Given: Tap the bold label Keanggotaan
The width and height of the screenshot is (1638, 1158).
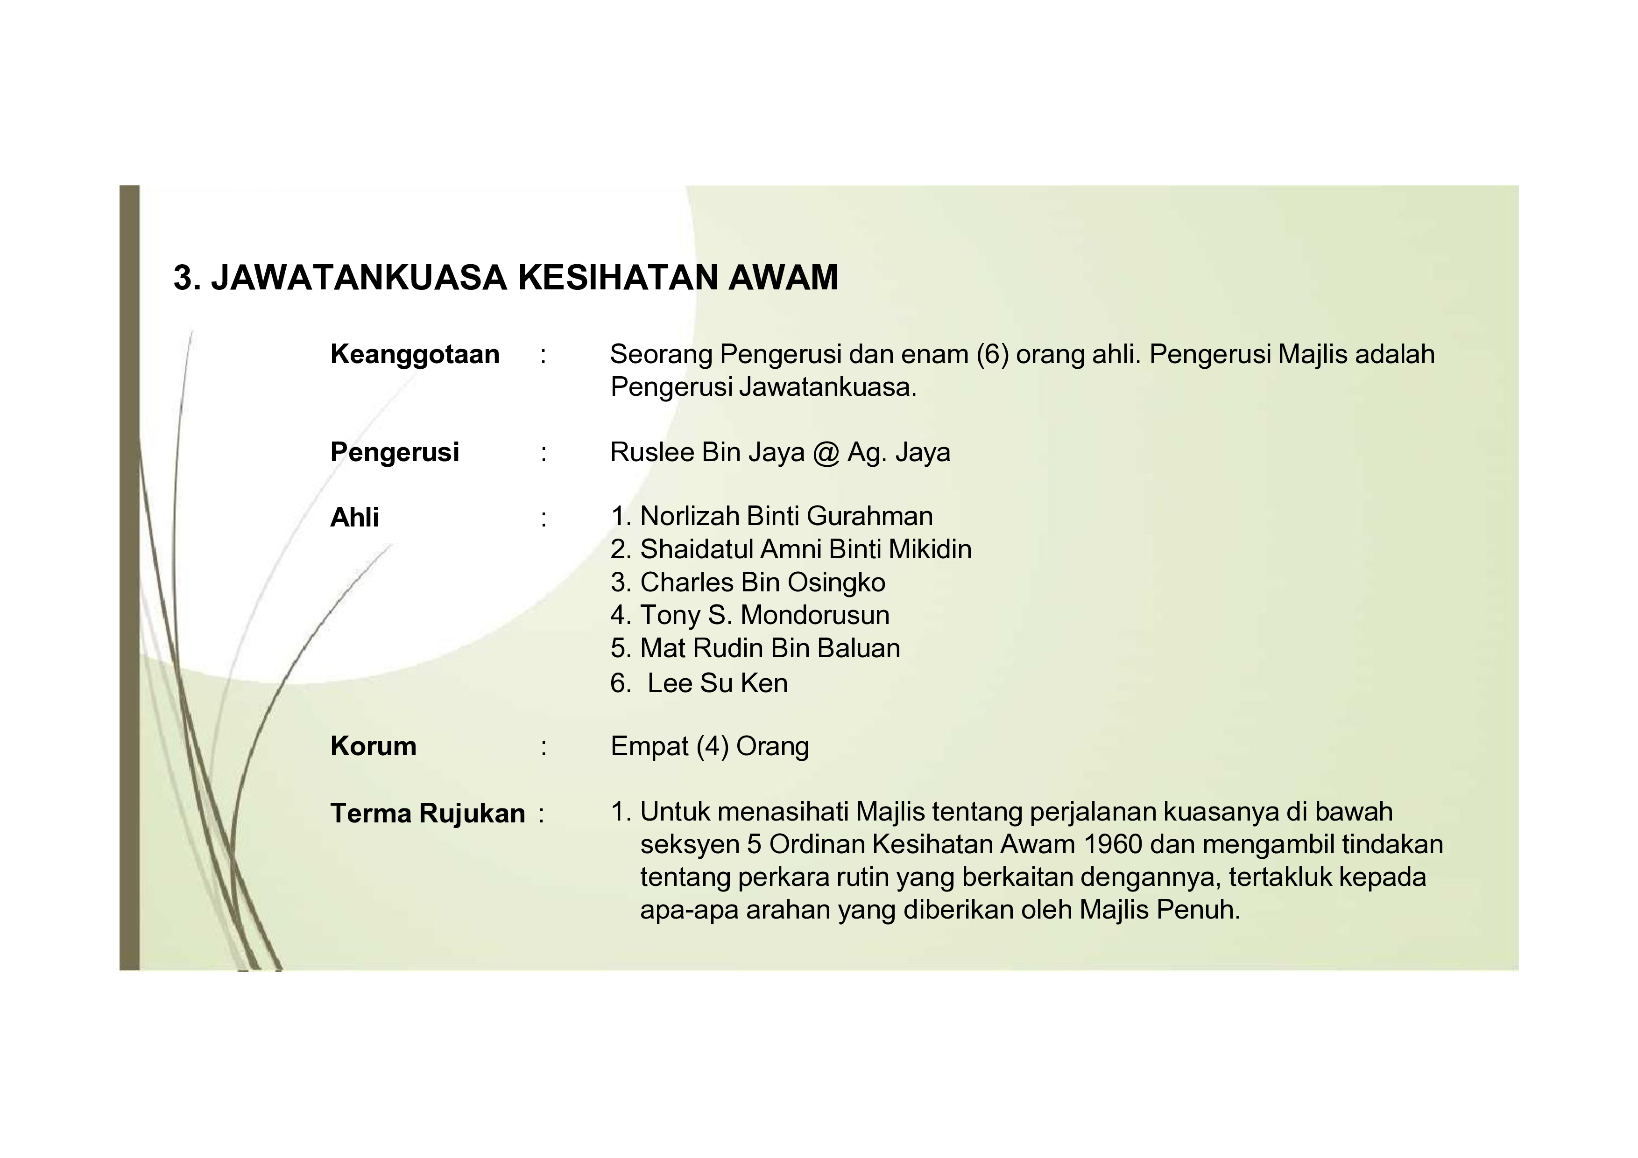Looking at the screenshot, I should (x=415, y=354).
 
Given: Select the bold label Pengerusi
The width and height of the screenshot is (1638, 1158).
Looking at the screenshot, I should (x=395, y=452).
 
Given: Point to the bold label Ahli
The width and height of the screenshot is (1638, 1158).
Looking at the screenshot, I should (x=354, y=517).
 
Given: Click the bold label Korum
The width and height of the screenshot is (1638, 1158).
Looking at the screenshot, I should (x=373, y=747).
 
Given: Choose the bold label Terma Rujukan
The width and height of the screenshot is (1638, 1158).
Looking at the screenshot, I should (x=427, y=813).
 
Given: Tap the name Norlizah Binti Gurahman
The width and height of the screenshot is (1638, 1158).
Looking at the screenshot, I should (x=786, y=516).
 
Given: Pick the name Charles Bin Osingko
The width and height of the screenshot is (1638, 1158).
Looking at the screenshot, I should (x=762, y=583).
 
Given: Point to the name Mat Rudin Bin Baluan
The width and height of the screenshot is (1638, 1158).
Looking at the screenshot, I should (x=770, y=648).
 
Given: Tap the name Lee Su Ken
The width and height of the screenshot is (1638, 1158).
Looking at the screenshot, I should (x=717, y=683).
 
